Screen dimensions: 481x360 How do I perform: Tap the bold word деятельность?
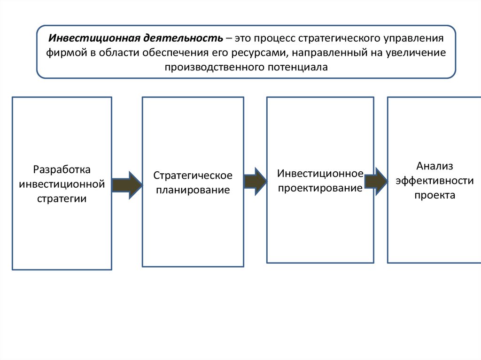point(183,38)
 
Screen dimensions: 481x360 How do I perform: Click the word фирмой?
point(66,53)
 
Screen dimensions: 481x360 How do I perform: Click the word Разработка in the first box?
point(62,169)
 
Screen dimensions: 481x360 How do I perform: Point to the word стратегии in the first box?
point(62,199)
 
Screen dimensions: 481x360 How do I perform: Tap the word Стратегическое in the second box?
point(193,176)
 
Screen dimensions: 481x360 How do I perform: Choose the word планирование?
point(193,190)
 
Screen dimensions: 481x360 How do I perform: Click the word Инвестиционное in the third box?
point(320,174)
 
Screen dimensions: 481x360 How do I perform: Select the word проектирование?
point(320,188)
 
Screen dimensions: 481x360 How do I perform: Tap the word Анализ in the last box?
point(434,166)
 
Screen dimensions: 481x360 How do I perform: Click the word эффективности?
point(434,181)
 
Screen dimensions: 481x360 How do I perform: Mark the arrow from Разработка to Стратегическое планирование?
point(127,185)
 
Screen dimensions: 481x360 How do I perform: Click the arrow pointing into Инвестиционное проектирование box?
point(255,182)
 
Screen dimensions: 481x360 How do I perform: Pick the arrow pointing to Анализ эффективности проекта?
point(376,182)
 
